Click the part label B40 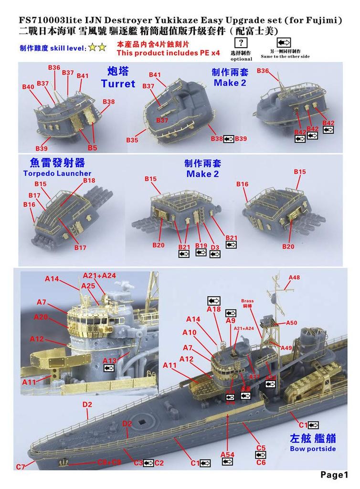coord(28,87)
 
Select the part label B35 coord(132,140)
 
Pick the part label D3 coord(215,246)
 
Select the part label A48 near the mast coord(295,277)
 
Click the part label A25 coord(88,285)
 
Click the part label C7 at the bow coord(20,467)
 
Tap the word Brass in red coord(247,301)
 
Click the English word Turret coord(118,84)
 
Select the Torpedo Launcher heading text coord(57,173)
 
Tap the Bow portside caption coord(313,448)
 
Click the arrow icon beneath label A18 coord(214,301)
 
